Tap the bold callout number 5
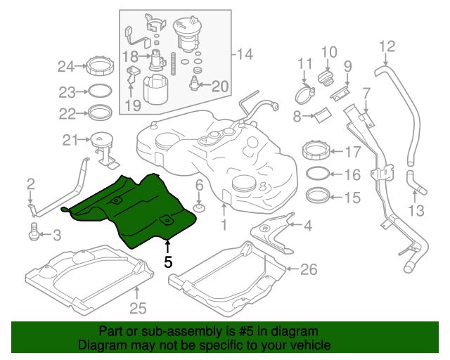167,262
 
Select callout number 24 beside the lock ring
65,67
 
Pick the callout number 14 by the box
243,54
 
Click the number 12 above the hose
387,47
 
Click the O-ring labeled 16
315,174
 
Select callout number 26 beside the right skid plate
309,269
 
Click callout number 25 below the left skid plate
138,307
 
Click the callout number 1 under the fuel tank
224,226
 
